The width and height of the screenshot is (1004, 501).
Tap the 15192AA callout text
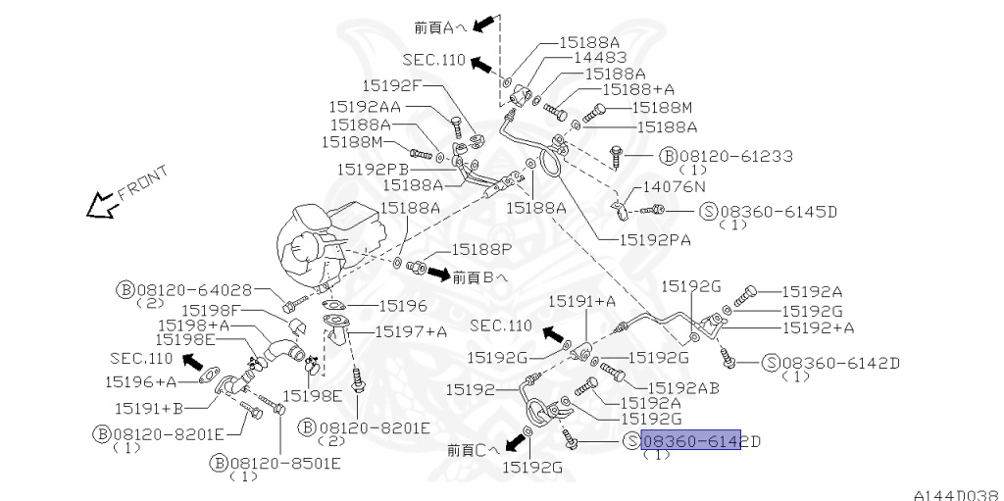coord(364,106)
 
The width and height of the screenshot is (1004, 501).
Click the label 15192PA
coord(653,237)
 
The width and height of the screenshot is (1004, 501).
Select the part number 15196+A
coord(143,380)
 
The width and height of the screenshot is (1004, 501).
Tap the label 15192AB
coord(683,387)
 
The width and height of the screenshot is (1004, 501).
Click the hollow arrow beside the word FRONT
coord(99,206)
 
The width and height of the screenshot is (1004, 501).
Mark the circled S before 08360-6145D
coord(710,211)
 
